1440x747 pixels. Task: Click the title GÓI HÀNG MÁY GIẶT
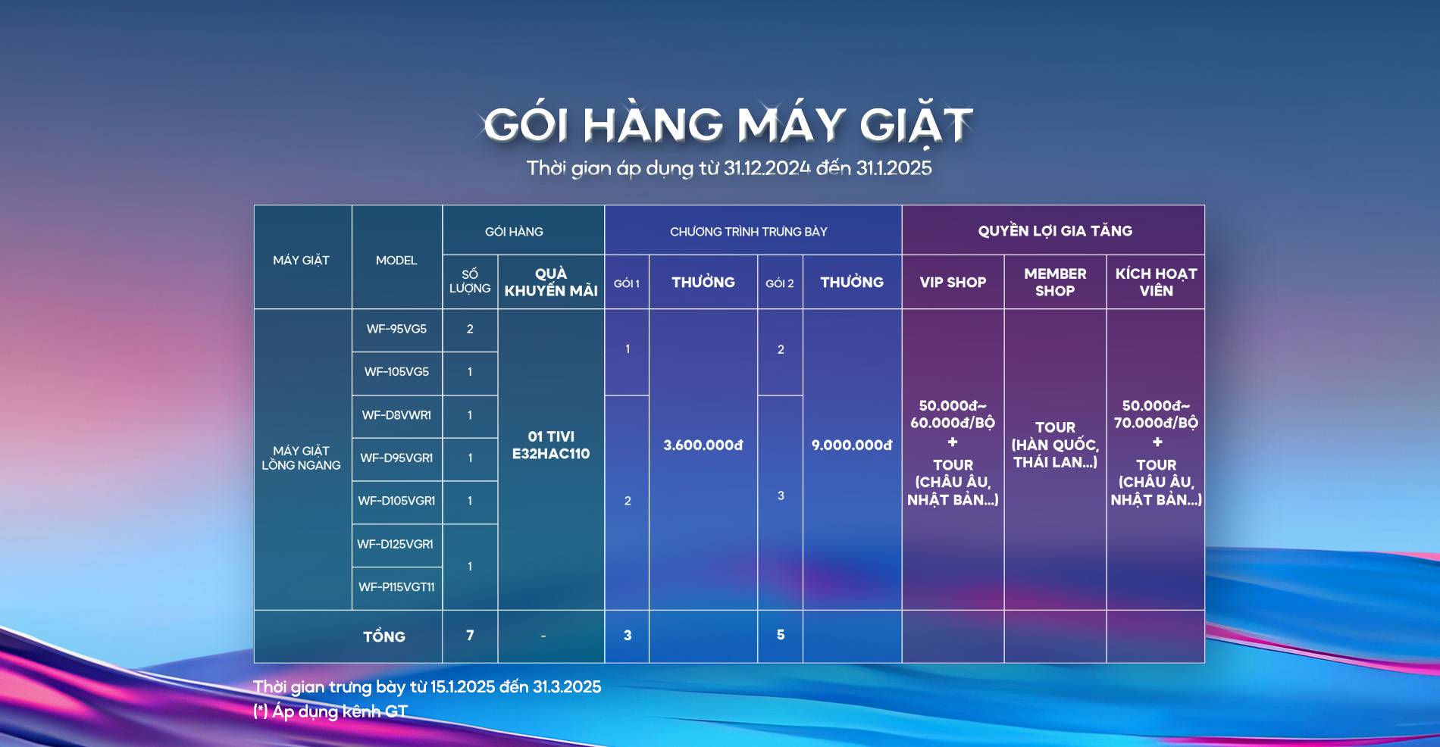click(728, 125)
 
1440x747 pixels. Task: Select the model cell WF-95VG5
click(396, 329)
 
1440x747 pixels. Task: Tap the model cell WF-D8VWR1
click(396, 415)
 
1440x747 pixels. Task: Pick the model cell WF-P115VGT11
click(396, 587)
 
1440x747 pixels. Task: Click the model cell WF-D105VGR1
click(396, 501)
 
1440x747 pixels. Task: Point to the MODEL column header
click(396, 261)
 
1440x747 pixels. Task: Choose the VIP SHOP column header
click(953, 283)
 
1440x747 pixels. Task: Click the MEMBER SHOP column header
click(1055, 282)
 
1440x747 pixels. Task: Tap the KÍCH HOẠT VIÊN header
click(1156, 282)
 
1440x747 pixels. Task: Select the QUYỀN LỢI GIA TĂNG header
click(1055, 231)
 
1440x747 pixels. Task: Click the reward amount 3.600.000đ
click(703, 445)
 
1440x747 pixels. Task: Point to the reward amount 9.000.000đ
click(852, 445)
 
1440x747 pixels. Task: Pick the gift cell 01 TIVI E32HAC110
click(551, 445)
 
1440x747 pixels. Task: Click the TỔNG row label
click(384, 636)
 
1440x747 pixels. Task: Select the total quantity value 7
click(470, 636)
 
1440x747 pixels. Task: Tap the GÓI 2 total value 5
click(781, 635)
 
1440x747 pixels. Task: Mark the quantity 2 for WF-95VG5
click(470, 329)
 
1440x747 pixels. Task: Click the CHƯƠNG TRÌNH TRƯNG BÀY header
click(749, 232)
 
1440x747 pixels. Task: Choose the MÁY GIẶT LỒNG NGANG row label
click(301, 458)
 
